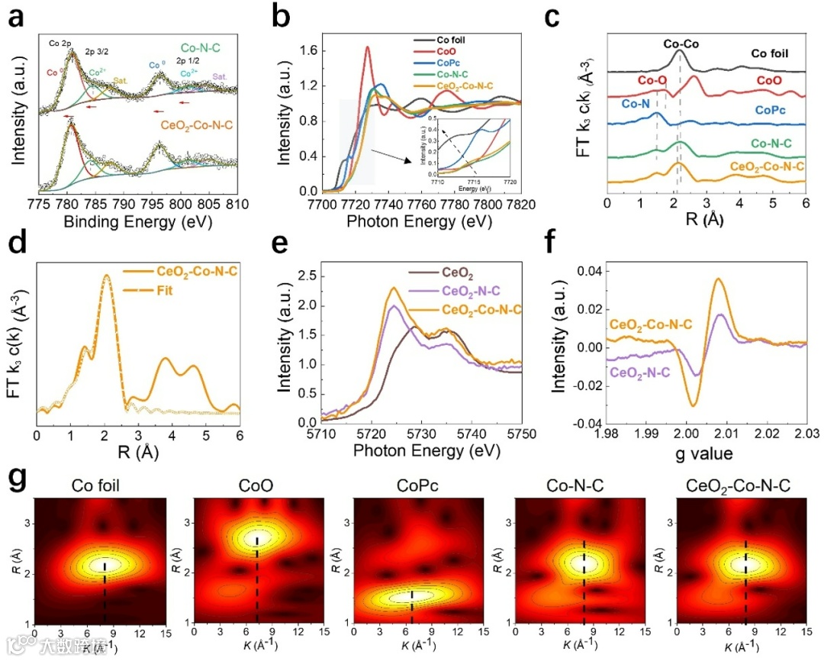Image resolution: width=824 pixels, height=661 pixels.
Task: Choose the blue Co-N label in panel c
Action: pyautogui.click(x=636, y=104)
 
